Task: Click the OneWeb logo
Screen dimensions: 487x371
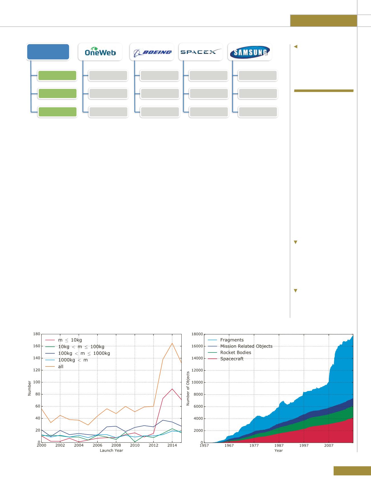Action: click(100, 52)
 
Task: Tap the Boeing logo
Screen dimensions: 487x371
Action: click(152, 52)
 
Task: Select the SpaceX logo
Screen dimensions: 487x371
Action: click(201, 52)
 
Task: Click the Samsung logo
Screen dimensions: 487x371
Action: click(250, 52)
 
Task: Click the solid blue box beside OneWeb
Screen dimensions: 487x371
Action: click(48, 52)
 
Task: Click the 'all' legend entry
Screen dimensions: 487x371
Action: click(60, 366)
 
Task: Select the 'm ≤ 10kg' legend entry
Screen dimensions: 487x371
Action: click(70, 340)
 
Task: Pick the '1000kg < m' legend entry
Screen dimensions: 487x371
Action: click(73, 360)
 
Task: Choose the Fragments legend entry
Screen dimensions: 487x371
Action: click(232, 340)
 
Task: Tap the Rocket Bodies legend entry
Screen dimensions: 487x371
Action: click(236, 352)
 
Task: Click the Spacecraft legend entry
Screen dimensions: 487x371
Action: click(232, 359)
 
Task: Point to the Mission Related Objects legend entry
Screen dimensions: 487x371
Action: click(246, 346)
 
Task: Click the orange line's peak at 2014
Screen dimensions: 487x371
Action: click(172, 343)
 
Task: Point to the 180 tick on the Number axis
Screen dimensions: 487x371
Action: click(37, 334)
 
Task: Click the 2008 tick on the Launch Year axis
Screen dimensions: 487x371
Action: click(116, 445)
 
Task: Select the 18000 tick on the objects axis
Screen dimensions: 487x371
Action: click(197, 334)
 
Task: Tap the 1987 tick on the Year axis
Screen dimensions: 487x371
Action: click(279, 446)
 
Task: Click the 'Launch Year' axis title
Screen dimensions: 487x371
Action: click(111, 451)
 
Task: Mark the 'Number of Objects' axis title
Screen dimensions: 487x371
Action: click(188, 388)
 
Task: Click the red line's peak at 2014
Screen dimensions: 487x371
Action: click(172, 389)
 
